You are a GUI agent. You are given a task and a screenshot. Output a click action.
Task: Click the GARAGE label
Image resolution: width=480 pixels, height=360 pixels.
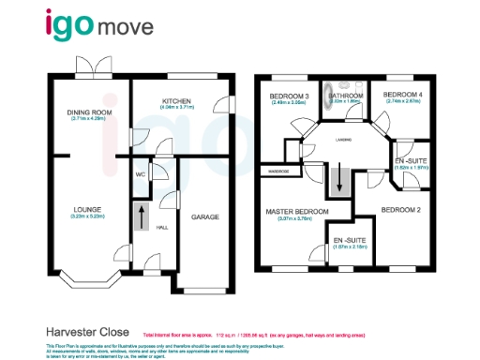(x=205, y=217)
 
